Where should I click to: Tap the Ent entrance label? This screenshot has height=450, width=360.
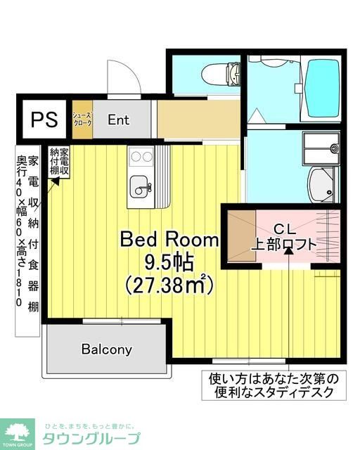[118, 120]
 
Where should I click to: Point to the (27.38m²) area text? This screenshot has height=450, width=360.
[169, 285]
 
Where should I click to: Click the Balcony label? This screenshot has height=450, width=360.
[106, 349]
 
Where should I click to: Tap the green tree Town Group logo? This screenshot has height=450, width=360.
[19, 430]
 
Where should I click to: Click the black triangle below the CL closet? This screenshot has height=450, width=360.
[290, 268]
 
